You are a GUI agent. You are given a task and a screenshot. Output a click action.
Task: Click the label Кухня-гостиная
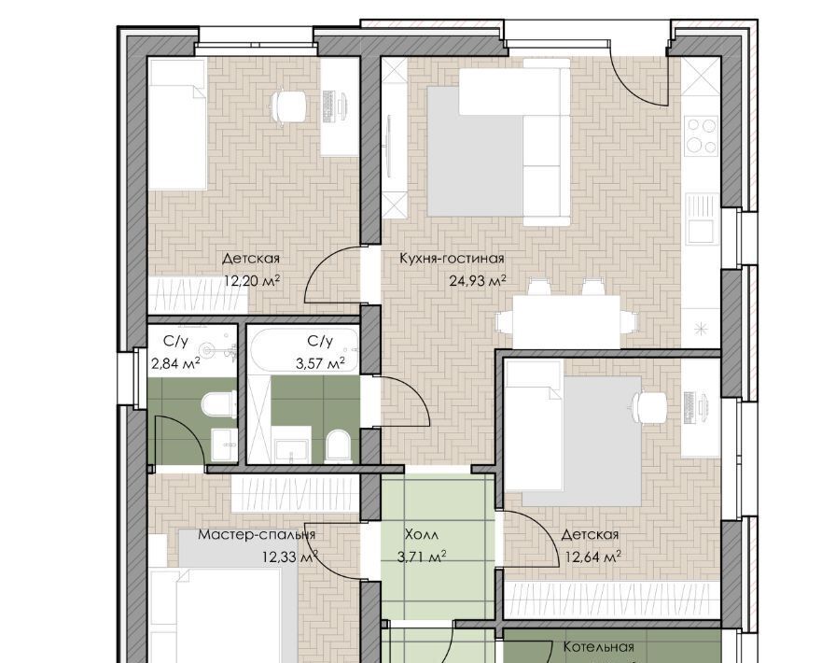(x=452, y=258)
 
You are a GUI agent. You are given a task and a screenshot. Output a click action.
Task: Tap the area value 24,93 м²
(x=477, y=281)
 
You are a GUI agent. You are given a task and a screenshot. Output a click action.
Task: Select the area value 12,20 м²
(x=252, y=281)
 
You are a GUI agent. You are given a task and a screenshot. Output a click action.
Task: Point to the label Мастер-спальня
(x=257, y=534)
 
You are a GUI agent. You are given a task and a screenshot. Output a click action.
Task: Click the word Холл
(x=422, y=534)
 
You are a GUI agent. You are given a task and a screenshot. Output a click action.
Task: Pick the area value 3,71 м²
(x=422, y=557)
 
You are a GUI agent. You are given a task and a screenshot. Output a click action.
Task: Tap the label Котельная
(x=599, y=647)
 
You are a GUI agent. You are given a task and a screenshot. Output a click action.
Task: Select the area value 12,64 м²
(x=592, y=556)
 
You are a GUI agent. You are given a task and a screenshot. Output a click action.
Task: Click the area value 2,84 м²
(x=175, y=363)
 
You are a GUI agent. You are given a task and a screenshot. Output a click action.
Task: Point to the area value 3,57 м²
(x=320, y=363)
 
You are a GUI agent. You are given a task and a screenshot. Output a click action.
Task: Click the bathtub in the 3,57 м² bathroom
(x=304, y=350)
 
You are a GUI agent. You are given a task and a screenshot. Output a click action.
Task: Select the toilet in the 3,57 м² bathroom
(x=337, y=447)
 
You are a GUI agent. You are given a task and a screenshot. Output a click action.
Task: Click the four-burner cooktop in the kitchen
(x=702, y=135)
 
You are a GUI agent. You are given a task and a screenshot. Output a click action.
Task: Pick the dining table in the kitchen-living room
(x=566, y=321)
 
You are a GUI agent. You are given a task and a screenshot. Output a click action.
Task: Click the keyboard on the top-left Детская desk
(x=329, y=106)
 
